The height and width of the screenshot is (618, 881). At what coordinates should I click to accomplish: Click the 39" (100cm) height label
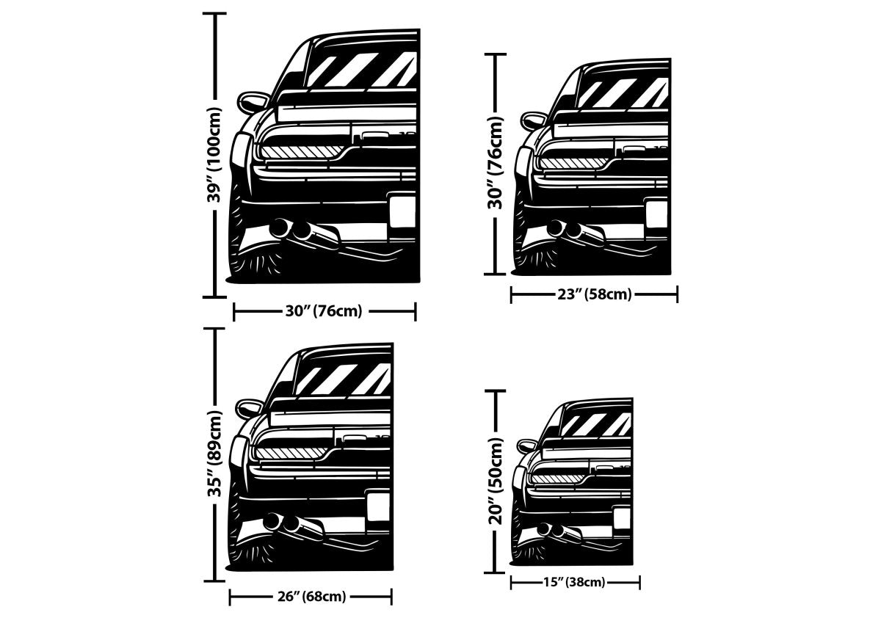point(214,155)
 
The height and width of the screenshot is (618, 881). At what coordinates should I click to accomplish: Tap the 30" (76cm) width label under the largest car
point(324,311)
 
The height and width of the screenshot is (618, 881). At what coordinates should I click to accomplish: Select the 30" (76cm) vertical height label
point(496,163)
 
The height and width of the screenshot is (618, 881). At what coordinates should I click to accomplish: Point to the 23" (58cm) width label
point(594,295)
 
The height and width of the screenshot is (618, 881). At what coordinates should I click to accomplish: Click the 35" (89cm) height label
point(214,454)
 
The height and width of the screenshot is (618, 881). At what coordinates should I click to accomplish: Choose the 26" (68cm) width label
point(311,597)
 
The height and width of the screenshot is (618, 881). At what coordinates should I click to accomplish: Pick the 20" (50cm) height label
point(496,481)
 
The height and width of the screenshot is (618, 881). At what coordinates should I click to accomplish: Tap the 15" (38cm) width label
point(575,583)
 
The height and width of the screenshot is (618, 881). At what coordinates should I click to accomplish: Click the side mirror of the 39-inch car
point(254,100)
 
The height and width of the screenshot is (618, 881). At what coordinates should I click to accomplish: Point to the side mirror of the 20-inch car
point(527,446)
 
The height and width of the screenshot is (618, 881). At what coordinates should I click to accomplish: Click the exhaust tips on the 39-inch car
point(291,230)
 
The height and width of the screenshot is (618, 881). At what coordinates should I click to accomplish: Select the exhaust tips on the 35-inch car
point(283,523)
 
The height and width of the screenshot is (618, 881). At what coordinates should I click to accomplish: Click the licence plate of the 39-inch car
point(402,211)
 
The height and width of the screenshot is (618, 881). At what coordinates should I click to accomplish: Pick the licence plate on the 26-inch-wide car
point(378,507)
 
